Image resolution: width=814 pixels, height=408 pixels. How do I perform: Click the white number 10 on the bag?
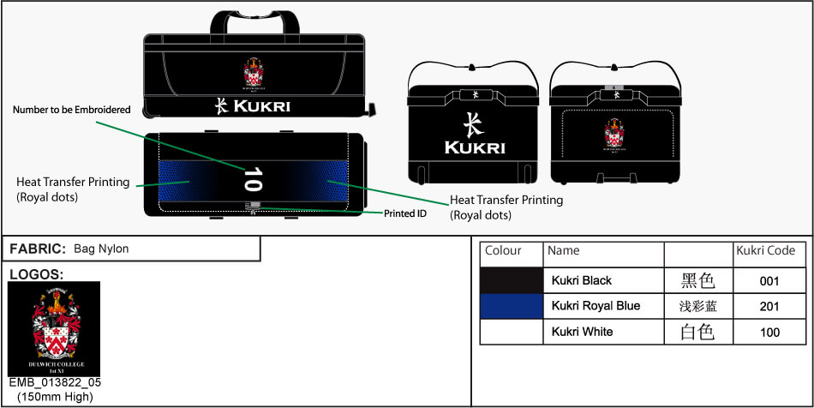coord(252,178)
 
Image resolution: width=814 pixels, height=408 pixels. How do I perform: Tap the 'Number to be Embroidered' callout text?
coord(71,110)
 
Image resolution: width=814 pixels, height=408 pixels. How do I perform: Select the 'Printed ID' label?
coord(404,213)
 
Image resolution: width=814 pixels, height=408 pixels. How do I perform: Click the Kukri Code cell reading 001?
coord(769,280)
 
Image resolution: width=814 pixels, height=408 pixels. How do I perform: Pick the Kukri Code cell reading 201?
coord(769,306)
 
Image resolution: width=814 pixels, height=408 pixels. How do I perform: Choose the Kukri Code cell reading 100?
coord(769,332)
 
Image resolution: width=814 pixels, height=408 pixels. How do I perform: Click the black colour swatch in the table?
coord(512,280)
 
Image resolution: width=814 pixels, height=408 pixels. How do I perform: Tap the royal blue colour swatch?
coord(512,306)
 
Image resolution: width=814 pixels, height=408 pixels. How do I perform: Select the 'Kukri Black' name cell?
coord(582,280)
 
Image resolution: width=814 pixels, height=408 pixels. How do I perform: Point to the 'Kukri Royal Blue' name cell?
coord(596,306)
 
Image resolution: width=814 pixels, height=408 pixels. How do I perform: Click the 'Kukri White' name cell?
coord(582,332)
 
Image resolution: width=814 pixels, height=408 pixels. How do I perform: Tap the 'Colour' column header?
coord(503,251)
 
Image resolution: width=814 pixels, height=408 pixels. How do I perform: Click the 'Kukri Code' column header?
coord(765,251)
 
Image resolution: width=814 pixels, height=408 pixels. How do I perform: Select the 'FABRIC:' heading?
coord(38,249)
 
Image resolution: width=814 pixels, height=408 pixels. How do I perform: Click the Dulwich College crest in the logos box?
coord(53,328)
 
